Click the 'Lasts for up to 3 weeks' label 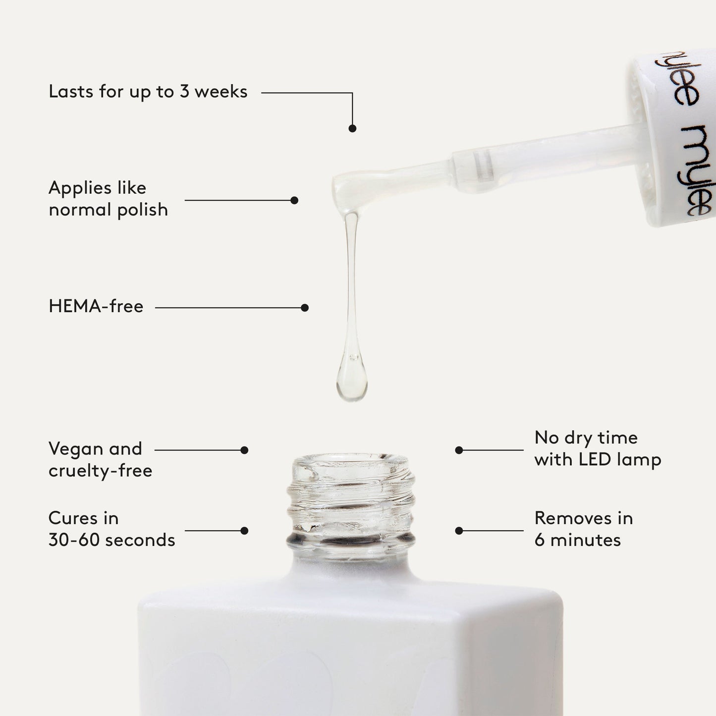pos(148,92)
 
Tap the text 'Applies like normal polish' pos(108,199)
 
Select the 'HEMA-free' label pos(96,307)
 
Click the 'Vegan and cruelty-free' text pos(100,459)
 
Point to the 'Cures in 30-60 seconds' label pos(111,529)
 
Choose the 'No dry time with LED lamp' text pos(598,448)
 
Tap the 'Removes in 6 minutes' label pos(583,529)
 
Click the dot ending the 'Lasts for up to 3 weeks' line pos(352,128)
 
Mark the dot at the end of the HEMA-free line pos(305,308)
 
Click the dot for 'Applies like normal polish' pos(294,200)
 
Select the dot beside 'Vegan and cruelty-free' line pos(244,450)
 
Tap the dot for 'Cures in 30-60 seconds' pos(244,531)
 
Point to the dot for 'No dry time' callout pos(459,450)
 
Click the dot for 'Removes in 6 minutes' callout pos(459,531)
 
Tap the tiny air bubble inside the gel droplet pos(353,357)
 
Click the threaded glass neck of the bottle pos(351,500)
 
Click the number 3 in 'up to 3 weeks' pos(184,92)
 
